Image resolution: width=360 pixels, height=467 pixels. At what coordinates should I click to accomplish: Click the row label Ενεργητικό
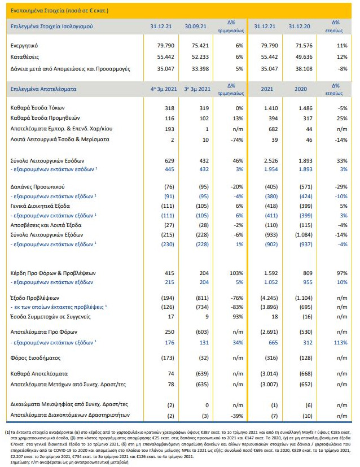(27, 45)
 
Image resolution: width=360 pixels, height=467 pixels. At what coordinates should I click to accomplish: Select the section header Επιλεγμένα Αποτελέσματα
(43, 89)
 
